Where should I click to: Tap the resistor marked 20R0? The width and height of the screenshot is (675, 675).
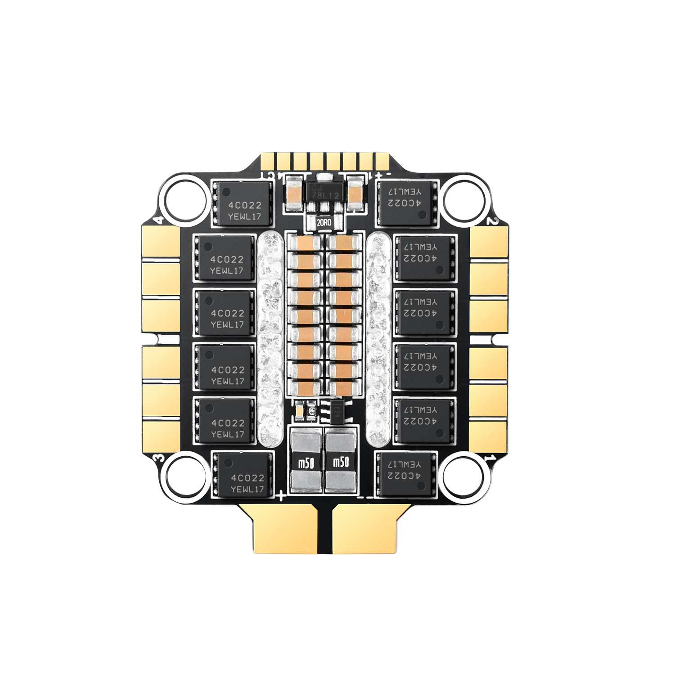[324, 222]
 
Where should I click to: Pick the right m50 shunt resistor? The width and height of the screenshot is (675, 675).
[341, 461]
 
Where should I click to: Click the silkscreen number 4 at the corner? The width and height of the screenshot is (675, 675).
[158, 220]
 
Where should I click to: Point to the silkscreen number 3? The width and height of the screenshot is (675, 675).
[158, 458]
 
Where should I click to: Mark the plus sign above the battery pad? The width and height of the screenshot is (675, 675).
[281, 497]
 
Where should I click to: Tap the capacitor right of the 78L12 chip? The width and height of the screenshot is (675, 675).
[355, 193]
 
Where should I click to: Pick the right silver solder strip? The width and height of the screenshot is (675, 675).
[378, 337]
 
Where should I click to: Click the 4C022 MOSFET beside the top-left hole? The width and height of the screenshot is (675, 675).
[243, 204]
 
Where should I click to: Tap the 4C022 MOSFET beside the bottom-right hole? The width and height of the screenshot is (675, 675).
[406, 474]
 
